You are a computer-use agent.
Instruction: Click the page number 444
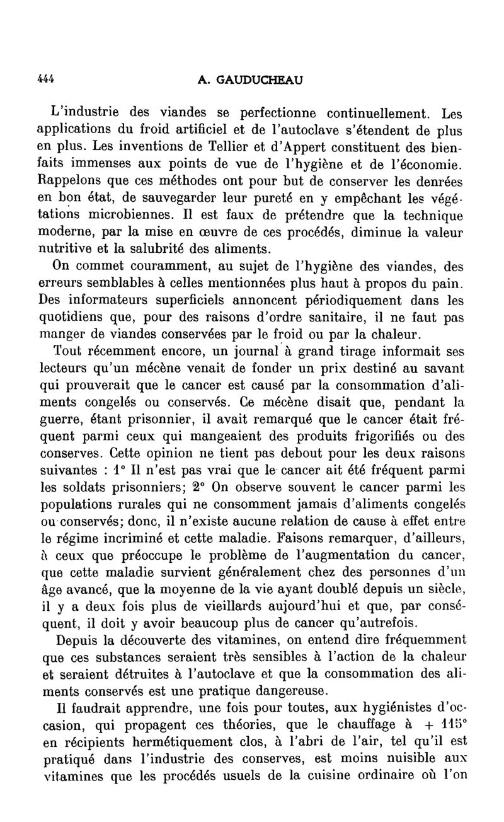tap(45, 79)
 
